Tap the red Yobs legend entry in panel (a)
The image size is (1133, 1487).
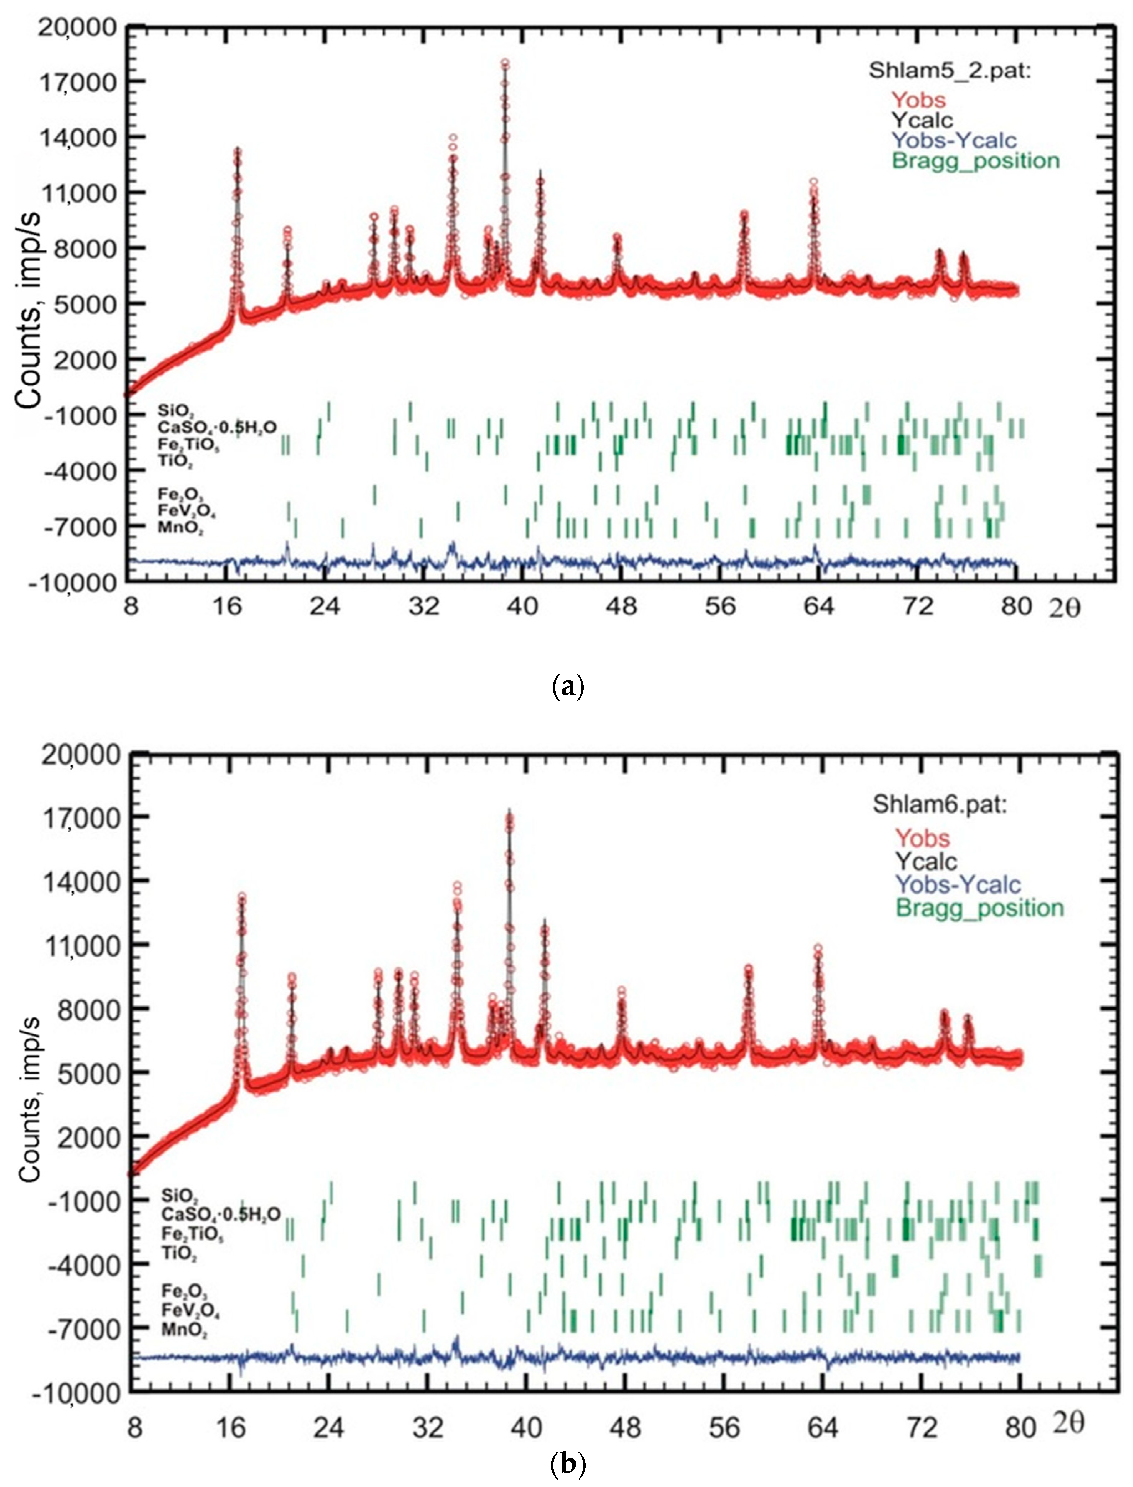[919, 100]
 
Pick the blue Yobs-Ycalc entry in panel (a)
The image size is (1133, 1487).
[954, 140]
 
